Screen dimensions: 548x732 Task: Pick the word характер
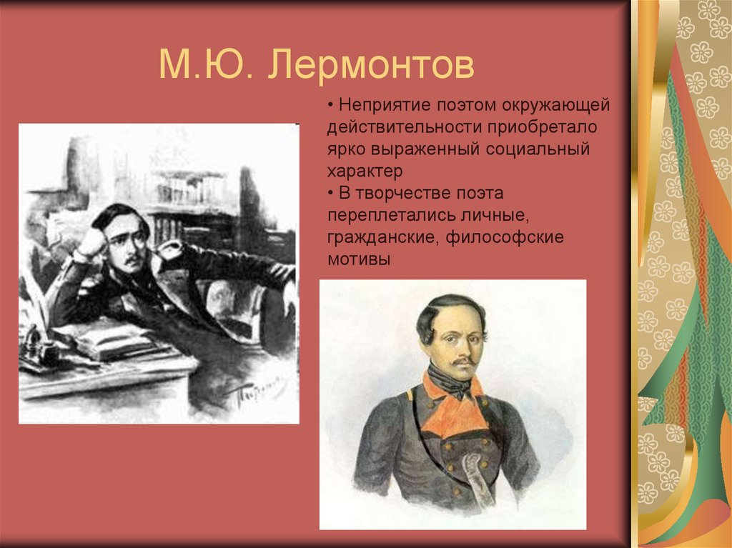coord(365,171)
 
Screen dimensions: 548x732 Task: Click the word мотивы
coord(359,259)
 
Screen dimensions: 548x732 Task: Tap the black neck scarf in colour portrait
coord(455,387)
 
